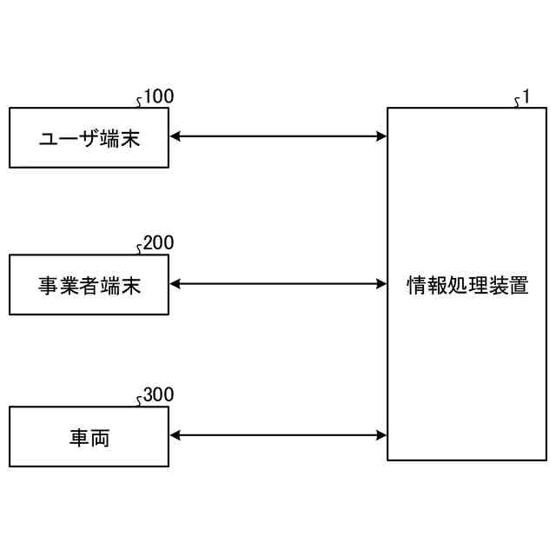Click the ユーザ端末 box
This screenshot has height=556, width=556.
pos(89,137)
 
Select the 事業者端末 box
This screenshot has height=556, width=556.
pos(89,284)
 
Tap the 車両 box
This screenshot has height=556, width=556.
pos(89,436)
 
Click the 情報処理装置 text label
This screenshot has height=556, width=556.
pos(467,285)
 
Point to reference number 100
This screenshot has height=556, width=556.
pos(158,96)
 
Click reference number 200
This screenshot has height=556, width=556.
pos(158,243)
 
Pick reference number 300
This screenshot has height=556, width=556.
pos(158,395)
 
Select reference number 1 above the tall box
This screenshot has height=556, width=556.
pos(526,97)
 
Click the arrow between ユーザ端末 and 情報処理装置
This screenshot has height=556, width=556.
pos(278,136)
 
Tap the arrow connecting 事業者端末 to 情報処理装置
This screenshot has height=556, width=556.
pos(278,283)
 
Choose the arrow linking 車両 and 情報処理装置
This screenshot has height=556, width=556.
pos(278,435)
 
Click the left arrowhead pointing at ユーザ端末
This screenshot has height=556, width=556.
pos(175,136)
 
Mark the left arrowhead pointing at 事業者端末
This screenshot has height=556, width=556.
pos(175,283)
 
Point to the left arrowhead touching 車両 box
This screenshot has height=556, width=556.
pos(175,435)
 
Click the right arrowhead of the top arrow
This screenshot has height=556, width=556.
pos(381,136)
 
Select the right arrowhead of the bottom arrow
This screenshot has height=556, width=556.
pos(381,435)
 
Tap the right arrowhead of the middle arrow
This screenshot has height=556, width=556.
pos(381,283)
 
